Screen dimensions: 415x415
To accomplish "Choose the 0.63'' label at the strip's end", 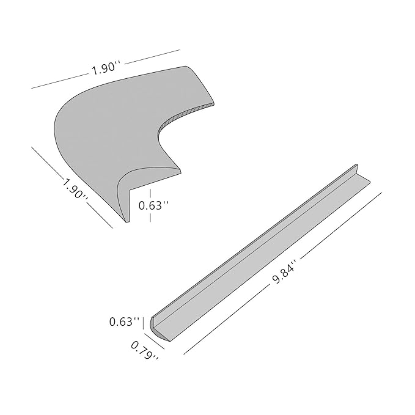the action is [124, 321].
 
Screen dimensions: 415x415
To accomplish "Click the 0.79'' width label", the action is [145, 350].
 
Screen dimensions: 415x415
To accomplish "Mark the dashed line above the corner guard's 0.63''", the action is [150, 193].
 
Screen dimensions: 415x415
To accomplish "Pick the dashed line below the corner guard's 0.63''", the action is [150, 218].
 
